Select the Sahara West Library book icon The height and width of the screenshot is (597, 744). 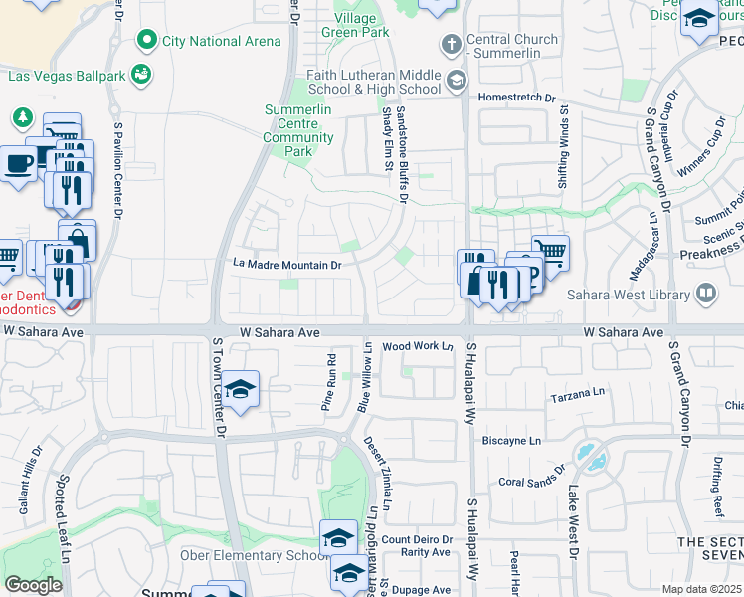pos(705,294)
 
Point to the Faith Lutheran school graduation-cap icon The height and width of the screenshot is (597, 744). pos(457,81)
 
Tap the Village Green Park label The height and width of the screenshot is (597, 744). pos(355,25)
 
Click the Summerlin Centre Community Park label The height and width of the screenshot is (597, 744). pos(298,130)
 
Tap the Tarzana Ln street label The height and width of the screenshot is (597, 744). pos(578,398)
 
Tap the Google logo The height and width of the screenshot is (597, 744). pos(33,585)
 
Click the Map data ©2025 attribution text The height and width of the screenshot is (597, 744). pos(702,589)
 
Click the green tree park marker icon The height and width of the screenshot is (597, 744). pos(22,117)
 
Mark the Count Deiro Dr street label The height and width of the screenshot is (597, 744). pos(417,540)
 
